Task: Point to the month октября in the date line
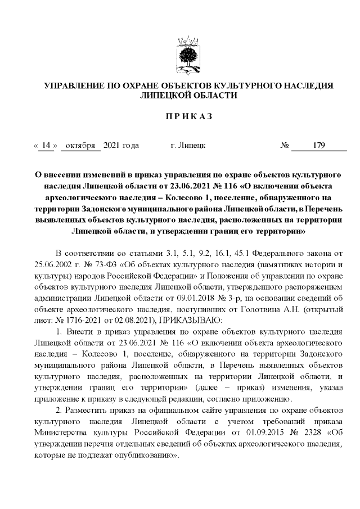point(80,146)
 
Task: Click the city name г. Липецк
point(187,146)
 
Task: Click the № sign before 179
point(285,146)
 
